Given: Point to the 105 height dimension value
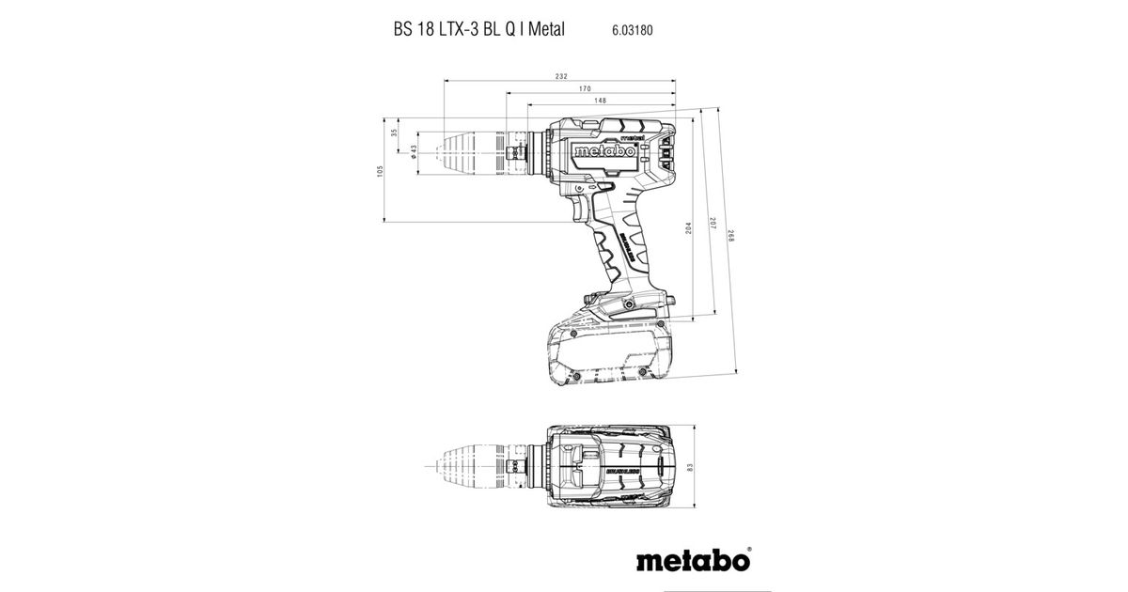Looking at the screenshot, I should (381, 171).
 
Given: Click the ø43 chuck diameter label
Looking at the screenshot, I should (415, 152).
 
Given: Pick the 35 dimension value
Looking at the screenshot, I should (395, 133).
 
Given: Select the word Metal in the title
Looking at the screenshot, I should (545, 29).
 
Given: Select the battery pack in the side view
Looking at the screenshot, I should (607, 352).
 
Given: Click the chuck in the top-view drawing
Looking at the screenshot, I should (473, 465).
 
